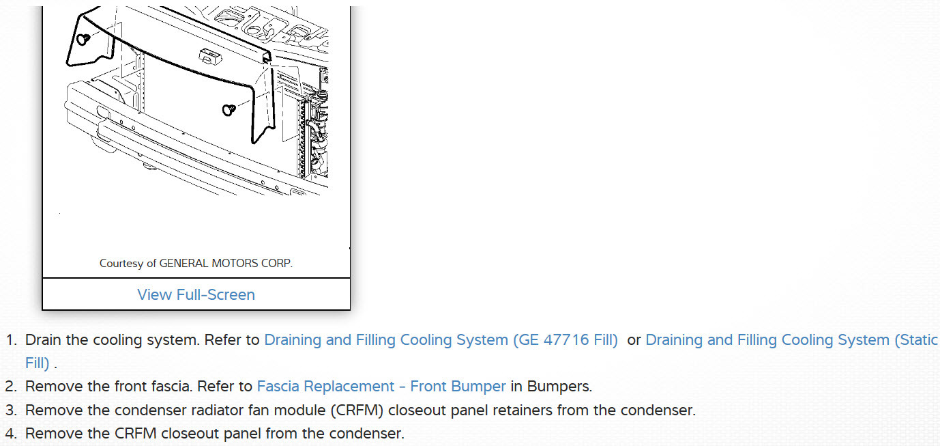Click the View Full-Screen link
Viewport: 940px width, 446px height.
click(196, 294)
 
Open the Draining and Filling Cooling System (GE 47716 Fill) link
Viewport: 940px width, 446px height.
click(441, 340)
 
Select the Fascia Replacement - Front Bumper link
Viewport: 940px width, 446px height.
click(381, 387)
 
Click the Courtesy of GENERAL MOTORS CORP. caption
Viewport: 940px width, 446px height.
click(196, 263)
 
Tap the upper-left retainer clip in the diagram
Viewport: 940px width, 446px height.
click(83, 38)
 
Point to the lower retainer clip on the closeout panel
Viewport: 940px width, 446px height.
click(229, 109)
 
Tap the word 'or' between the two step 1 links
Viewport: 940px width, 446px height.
click(634, 340)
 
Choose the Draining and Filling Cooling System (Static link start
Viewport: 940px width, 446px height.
click(791, 340)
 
